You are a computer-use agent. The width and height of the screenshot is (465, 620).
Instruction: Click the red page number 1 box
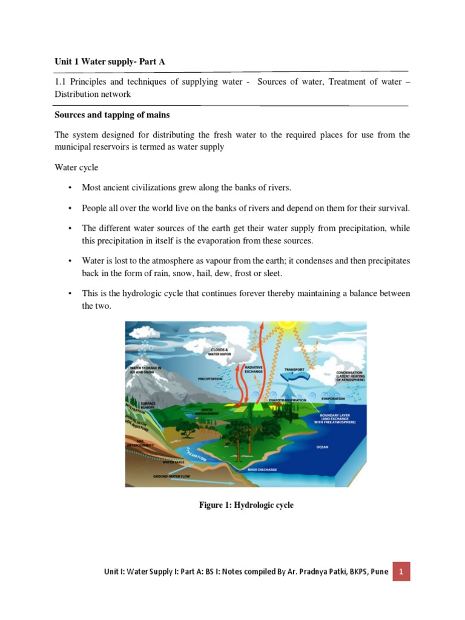401,571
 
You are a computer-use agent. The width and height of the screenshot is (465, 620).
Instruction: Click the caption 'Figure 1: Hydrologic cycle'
246,505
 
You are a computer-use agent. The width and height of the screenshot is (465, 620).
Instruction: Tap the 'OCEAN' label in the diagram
322,448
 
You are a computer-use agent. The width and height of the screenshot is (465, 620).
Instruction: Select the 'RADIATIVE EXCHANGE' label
252,369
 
